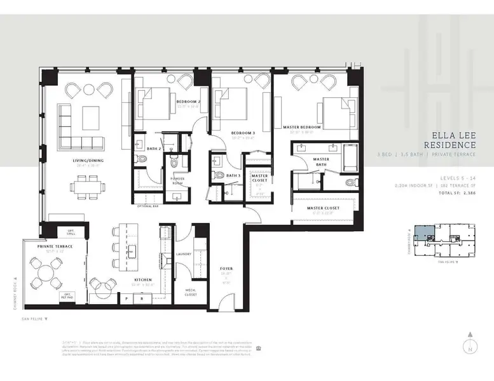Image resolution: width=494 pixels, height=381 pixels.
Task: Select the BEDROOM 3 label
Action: pos(242,133)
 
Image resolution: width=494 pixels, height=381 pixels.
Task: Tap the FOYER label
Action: pos(226,269)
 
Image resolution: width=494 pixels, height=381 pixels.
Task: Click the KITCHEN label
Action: pos(142,279)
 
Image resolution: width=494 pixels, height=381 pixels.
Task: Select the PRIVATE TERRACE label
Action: pos(54,246)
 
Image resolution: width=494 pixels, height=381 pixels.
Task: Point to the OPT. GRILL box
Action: pos(66,232)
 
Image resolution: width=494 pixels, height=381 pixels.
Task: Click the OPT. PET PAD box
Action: pos(66,295)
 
